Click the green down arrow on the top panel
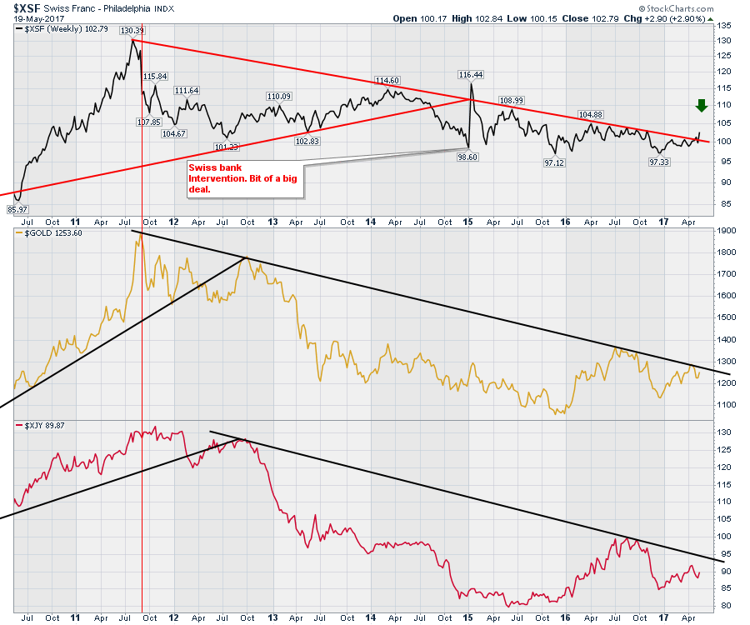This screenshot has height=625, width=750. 702,105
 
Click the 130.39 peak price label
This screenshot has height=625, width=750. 132,31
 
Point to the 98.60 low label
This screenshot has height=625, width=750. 466,157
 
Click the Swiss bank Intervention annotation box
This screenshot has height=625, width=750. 243,178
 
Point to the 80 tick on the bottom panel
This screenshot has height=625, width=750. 724,606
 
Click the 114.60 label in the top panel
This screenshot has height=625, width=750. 387,81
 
